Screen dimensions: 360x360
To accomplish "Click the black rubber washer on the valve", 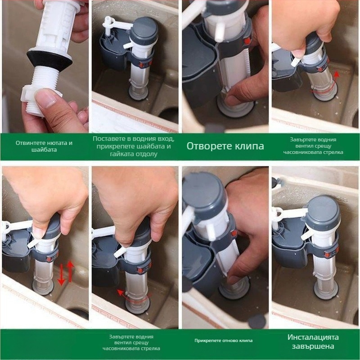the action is pyautogui.click(x=49, y=60).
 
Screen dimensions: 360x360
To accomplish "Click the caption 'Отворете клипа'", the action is pyautogui.click(x=225, y=146).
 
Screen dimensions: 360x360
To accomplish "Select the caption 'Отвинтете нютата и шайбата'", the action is pyautogui.click(x=44, y=146).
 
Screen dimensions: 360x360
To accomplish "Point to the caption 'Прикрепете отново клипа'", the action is pyautogui.click(x=223, y=341).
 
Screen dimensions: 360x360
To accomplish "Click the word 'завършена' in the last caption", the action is pyautogui.click(x=313, y=346).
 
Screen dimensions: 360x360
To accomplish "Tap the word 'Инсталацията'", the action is pyautogui.click(x=313, y=337).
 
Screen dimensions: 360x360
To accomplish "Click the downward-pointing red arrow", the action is pyautogui.click(x=61, y=275).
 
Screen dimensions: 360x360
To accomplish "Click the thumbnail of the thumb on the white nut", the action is pyautogui.click(x=47, y=98).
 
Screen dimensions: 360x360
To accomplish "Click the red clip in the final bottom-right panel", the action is pyautogui.click(x=328, y=254).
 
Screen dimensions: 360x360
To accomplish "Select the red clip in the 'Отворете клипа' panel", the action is pyautogui.click(x=247, y=41).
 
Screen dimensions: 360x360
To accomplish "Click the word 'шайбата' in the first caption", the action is pyautogui.click(x=44, y=150).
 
